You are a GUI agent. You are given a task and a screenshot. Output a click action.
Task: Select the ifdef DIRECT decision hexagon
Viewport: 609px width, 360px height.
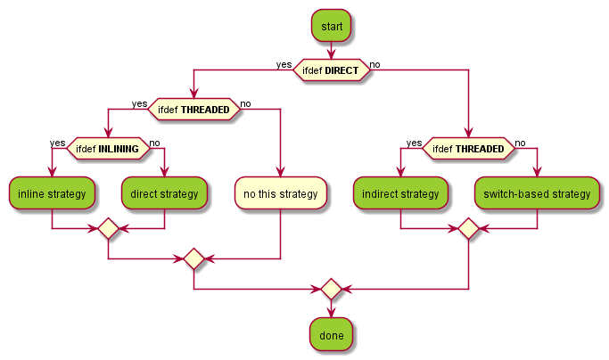(331, 70)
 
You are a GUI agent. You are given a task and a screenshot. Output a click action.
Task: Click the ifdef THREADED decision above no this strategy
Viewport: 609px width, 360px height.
(193, 110)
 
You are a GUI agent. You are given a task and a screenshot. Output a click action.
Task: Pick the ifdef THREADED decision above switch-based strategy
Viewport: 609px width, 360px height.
(468, 149)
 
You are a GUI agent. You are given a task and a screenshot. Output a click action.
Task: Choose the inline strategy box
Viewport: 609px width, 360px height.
(53, 193)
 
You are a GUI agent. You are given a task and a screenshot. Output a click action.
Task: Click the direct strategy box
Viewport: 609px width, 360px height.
(164, 193)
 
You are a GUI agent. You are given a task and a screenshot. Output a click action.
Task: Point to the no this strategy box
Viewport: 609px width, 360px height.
(280, 193)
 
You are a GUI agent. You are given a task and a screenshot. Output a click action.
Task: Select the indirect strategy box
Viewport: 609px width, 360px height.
(400, 193)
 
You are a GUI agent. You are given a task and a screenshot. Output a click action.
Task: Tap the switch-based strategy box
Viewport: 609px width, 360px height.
(537, 193)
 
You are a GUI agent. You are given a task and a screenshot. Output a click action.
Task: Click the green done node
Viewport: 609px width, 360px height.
(331, 335)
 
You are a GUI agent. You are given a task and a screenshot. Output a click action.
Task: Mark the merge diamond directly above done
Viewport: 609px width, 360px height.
(331, 289)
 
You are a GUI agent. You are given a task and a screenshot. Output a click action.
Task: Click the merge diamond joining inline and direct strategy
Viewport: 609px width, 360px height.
(108, 229)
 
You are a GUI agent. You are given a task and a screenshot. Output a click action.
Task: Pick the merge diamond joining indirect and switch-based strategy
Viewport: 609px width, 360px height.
(468, 229)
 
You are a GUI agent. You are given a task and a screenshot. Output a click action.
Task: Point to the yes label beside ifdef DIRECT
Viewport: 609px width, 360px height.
(284, 64)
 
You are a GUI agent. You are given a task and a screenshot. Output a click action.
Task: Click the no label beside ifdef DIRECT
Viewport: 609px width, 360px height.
(375, 64)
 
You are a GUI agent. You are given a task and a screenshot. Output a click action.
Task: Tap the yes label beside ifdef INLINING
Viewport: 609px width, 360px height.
(57, 143)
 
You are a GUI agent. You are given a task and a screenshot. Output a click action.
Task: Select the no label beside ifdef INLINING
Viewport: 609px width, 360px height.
(154, 143)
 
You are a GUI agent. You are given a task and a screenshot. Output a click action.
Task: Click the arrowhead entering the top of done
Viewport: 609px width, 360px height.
(331, 312)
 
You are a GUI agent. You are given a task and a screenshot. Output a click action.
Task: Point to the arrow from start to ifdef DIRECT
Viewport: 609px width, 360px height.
(331, 51)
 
